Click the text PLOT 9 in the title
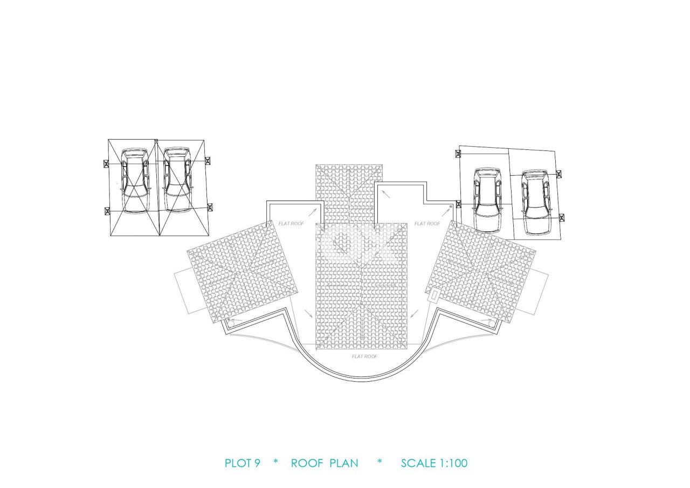243,463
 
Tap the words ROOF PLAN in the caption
325,463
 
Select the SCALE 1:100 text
434,463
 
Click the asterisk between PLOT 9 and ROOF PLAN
275,462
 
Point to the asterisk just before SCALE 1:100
379,462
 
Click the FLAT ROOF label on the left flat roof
291,223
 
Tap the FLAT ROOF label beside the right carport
427,223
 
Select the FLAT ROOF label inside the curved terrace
364,356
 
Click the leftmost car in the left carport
135,181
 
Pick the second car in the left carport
177,180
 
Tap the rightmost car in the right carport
536,202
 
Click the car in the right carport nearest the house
488,200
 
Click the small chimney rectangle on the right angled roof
434,295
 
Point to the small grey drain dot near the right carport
451,207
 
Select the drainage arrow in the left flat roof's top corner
312,212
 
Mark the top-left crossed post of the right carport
458,154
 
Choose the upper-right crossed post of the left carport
208,161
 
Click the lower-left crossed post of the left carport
107,211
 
